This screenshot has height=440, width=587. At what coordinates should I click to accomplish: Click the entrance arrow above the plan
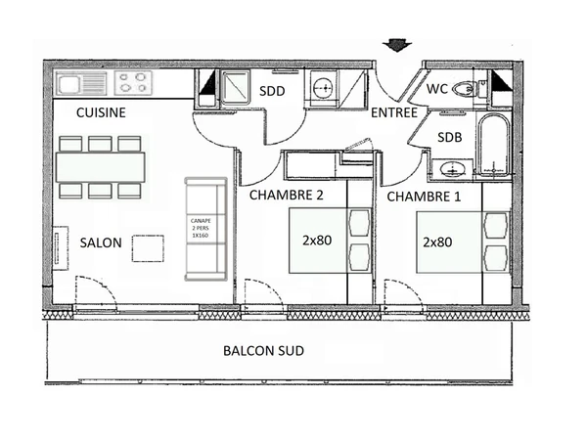395,44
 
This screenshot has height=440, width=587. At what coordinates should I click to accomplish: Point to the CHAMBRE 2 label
286,195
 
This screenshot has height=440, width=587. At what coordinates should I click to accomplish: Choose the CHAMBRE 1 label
423,197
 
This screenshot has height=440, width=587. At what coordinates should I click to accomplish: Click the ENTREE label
393,113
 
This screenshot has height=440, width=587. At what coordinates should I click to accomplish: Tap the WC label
436,89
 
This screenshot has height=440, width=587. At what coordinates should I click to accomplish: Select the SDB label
449,137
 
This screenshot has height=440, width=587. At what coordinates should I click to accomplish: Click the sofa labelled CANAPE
205,227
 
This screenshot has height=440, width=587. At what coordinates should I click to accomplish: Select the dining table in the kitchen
101,167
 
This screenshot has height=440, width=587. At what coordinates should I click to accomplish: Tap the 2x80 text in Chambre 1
437,241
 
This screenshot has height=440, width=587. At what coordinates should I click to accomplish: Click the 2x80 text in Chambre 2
317,241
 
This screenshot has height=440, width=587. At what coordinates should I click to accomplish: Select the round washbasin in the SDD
322,89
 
